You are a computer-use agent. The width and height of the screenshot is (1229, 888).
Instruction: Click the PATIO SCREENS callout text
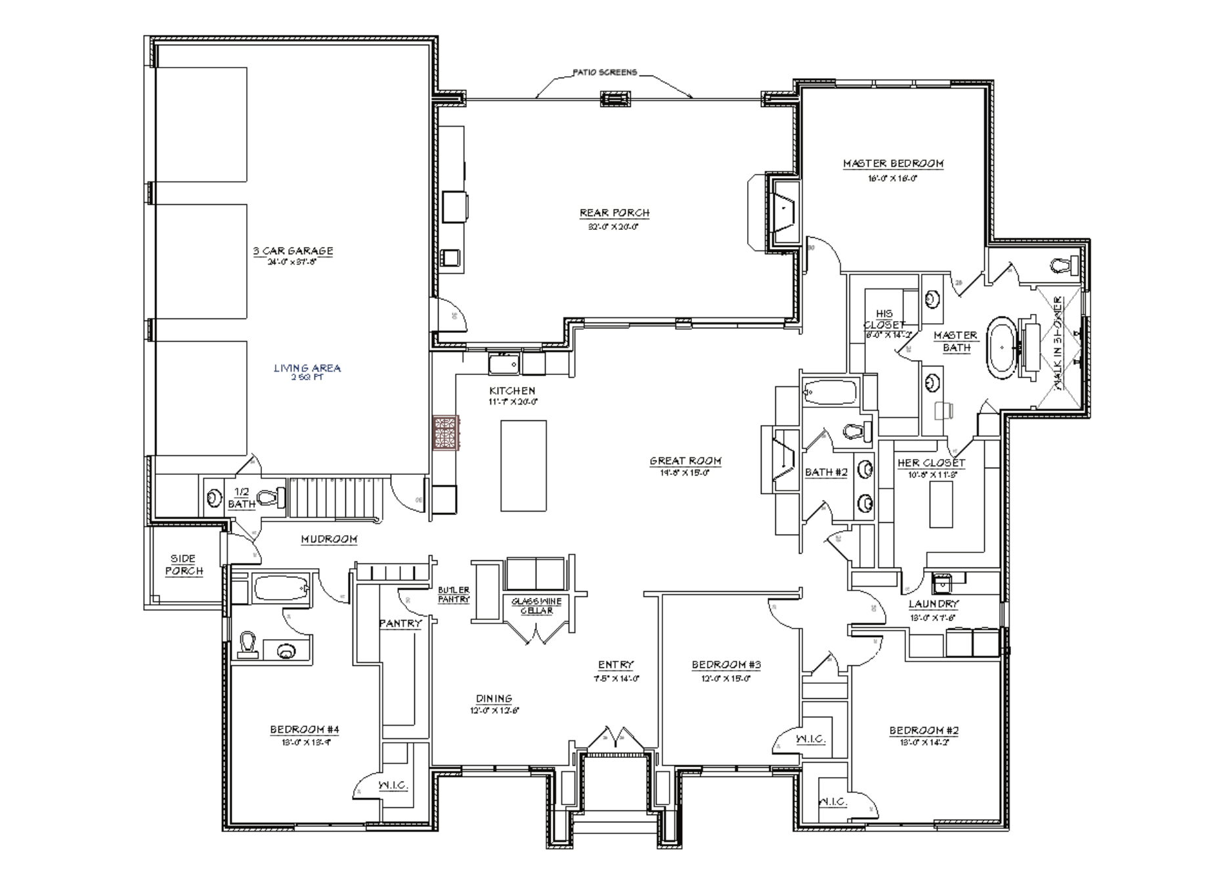click(x=605, y=72)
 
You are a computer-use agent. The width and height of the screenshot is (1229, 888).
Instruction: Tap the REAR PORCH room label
click(x=614, y=213)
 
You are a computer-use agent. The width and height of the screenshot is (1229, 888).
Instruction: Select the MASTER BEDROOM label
click(x=894, y=164)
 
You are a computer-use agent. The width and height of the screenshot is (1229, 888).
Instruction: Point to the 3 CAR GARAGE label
click(x=293, y=251)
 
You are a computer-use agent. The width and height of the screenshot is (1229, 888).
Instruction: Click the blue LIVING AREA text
click(x=307, y=368)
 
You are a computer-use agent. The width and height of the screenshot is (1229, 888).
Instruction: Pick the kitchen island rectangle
click(x=523, y=466)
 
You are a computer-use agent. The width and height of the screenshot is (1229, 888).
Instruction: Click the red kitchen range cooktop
click(x=445, y=433)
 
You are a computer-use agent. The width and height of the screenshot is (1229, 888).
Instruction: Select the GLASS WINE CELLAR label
click(x=536, y=606)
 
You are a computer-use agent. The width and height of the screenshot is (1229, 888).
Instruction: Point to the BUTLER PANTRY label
click(x=454, y=594)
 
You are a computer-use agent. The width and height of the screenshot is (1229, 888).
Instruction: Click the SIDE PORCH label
click(x=184, y=565)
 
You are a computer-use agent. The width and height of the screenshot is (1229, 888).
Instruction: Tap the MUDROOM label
click(x=329, y=539)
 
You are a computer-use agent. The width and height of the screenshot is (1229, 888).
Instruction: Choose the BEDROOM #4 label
click(x=305, y=730)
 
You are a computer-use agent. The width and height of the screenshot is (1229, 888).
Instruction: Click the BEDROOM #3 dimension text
click(x=726, y=678)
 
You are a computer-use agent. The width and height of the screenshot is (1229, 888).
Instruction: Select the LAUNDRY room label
click(x=934, y=604)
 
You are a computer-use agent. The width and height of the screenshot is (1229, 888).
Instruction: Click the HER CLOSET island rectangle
click(x=941, y=504)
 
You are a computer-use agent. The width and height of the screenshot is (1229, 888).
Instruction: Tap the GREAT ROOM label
click(x=685, y=461)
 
